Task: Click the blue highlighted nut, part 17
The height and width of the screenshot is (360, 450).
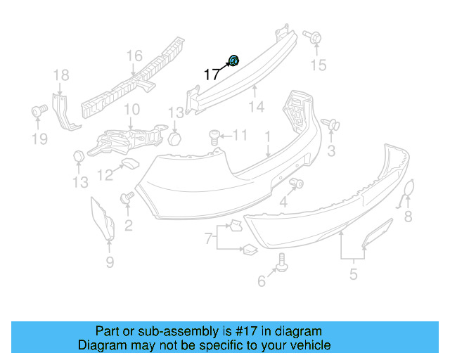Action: point(234,61)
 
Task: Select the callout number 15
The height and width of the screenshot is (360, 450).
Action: point(319,65)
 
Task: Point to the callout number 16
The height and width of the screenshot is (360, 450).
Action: point(134,56)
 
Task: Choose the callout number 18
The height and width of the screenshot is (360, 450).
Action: point(61,75)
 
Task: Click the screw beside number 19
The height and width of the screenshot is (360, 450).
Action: point(39,110)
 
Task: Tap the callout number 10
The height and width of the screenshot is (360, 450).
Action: point(131,110)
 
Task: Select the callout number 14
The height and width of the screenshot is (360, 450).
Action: point(256,107)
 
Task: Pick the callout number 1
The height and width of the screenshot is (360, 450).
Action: point(267,134)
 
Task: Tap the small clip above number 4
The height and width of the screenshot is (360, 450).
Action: point(296,184)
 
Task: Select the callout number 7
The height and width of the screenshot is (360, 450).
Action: point(208,240)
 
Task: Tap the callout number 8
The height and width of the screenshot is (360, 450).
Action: point(408,216)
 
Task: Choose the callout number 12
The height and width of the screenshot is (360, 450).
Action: point(105,174)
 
